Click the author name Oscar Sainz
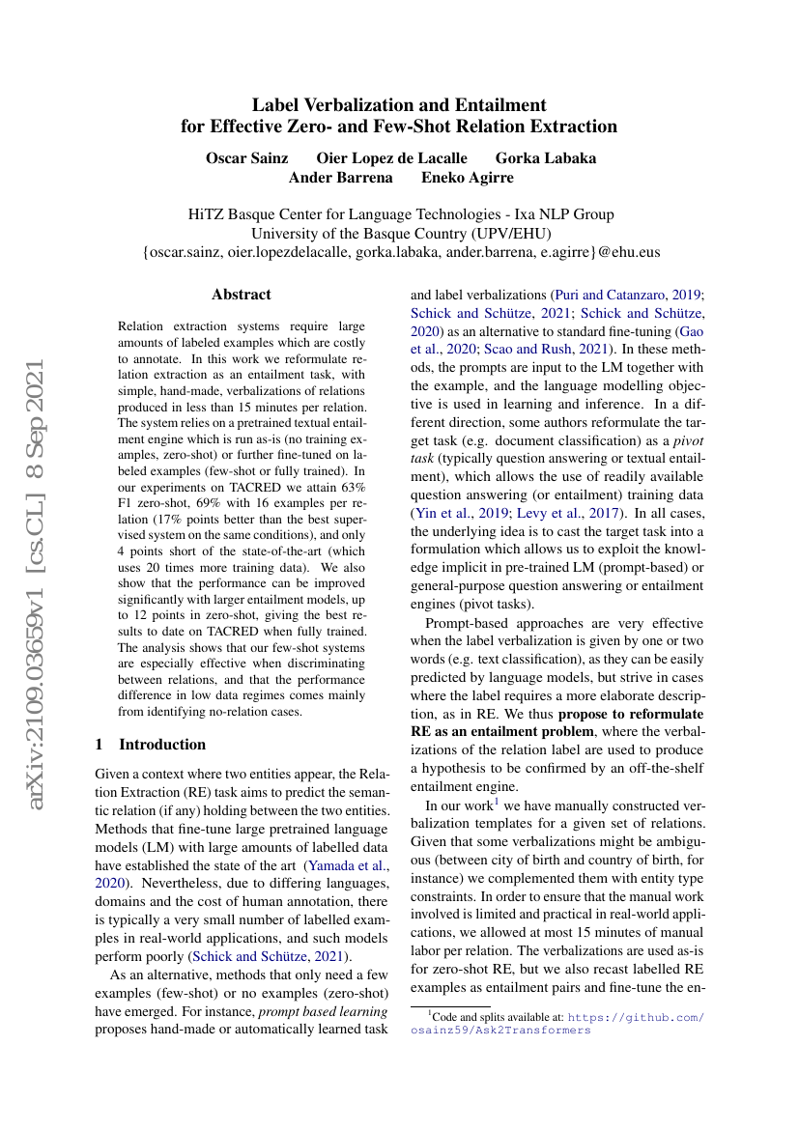246,157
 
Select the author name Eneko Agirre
468,178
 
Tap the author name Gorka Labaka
546,157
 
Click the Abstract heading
242,295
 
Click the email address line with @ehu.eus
400,252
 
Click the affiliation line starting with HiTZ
399,213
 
